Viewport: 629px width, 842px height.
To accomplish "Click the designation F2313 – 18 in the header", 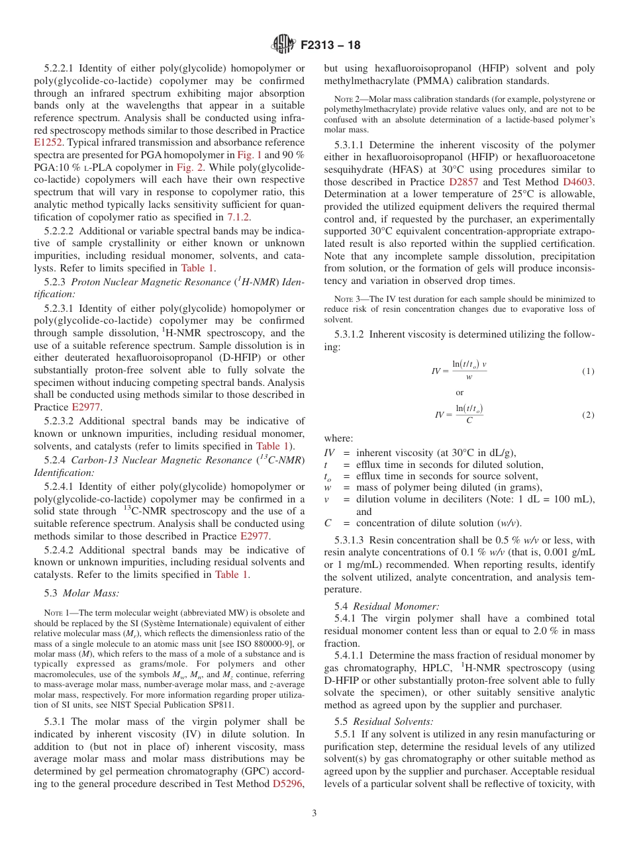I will [330, 46].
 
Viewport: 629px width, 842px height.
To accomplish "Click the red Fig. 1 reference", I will [249, 154].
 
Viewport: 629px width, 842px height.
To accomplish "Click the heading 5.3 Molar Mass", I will [82, 593].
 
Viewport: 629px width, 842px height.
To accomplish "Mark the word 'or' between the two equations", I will [460, 393].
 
